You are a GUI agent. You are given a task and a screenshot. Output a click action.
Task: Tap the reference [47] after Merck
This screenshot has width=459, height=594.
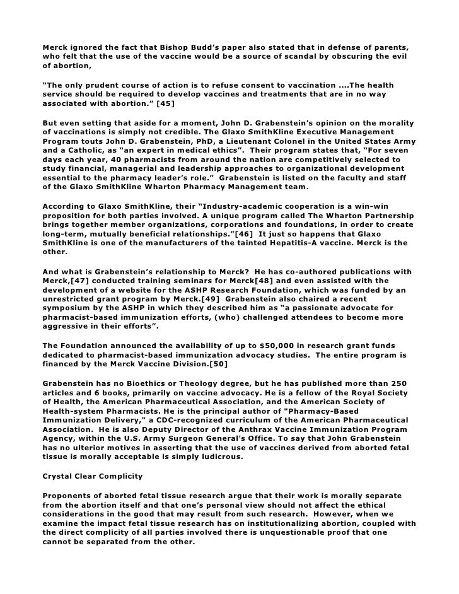[x=84, y=281]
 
